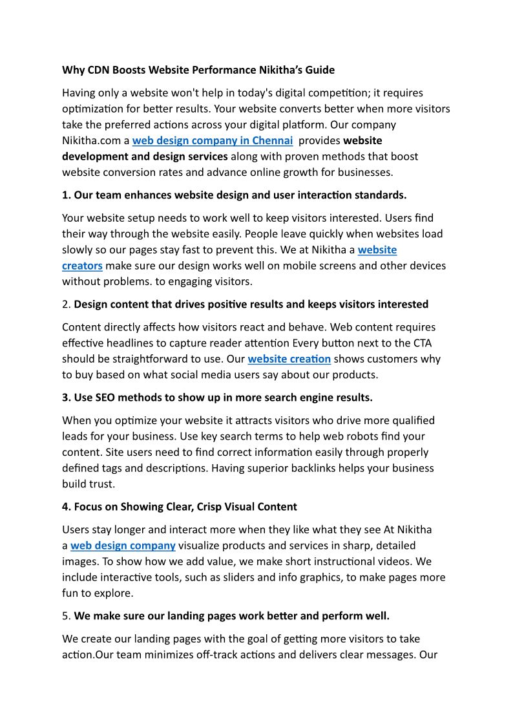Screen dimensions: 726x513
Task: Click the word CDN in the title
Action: (x=97, y=69)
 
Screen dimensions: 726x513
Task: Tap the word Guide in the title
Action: (x=318, y=69)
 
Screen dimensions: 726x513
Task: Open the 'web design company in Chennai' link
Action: (x=213, y=140)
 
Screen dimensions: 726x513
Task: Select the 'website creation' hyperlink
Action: (x=289, y=359)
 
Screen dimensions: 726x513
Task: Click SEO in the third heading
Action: (x=105, y=397)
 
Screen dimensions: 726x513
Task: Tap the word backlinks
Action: (x=359, y=468)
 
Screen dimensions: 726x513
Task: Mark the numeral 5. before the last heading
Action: (x=66, y=616)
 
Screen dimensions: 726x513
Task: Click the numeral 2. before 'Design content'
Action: (x=66, y=304)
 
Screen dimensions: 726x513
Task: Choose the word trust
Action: (x=102, y=484)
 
